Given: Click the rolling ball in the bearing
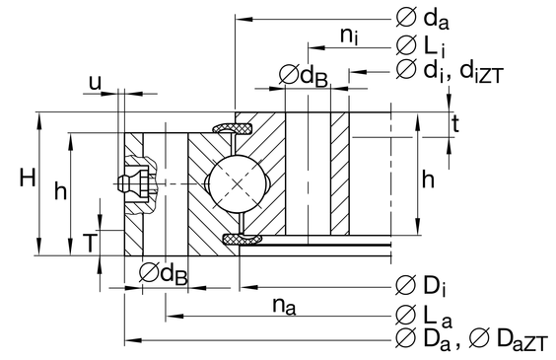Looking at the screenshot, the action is click(x=237, y=183).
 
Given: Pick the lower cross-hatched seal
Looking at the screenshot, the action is click(x=243, y=240).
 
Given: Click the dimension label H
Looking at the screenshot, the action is click(x=28, y=178).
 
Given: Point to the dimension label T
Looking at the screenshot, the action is click(x=90, y=243).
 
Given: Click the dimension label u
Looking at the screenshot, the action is click(x=95, y=84).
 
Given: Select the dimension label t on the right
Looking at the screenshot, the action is click(x=455, y=124).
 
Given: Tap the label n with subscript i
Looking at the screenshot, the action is click(x=349, y=36).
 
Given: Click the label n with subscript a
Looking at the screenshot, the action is click(x=284, y=306).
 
